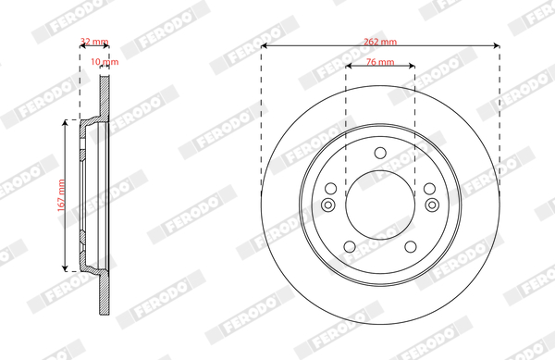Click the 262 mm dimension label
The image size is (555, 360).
pos(380,42)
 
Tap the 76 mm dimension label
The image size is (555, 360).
pos(380,62)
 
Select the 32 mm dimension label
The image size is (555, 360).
pos(94,42)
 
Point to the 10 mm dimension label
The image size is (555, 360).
pos(105,62)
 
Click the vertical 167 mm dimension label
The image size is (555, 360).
pos(61,195)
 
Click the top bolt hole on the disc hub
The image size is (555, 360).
pos(380,154)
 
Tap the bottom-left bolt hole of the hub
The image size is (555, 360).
pos(350,247)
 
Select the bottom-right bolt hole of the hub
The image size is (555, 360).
pos(411,247)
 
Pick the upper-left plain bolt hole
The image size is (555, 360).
pos(330,189)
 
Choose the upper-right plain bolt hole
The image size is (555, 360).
pos(430,189)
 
